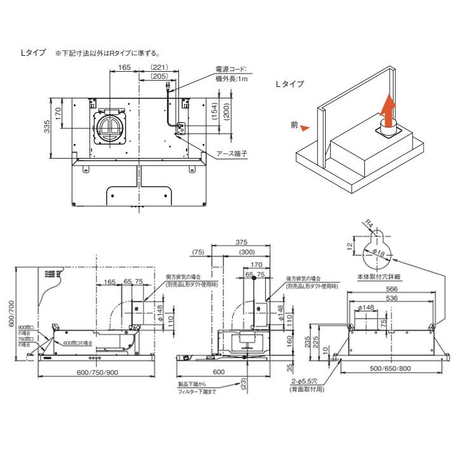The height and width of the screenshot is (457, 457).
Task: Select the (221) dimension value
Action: click(160, 67)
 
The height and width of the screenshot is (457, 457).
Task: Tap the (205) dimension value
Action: click(160, 76)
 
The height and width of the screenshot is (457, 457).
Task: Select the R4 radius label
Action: click(369, 223)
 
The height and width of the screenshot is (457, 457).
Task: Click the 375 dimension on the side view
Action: click(241, 242)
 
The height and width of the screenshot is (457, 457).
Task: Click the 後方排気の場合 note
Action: click(303, 278)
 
